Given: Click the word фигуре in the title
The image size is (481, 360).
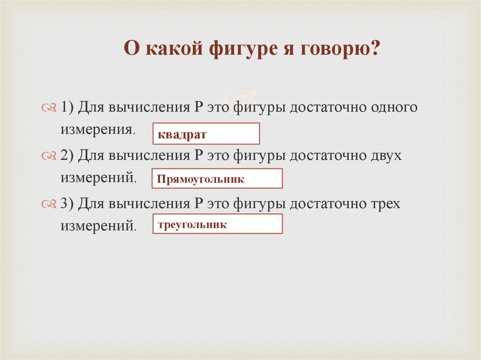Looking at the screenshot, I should [240, 49].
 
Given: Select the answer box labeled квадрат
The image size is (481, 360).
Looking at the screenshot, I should [206, 134].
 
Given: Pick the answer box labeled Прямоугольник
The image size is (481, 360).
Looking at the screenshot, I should [217, 179].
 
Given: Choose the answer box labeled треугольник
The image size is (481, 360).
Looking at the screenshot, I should [217, 224].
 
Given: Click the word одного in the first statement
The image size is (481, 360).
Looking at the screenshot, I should [394, 107].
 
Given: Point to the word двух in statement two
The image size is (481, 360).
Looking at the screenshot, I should [385, 155].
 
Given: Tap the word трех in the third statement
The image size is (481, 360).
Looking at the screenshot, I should [385, 204].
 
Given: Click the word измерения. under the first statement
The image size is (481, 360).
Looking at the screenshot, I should [98, 130].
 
